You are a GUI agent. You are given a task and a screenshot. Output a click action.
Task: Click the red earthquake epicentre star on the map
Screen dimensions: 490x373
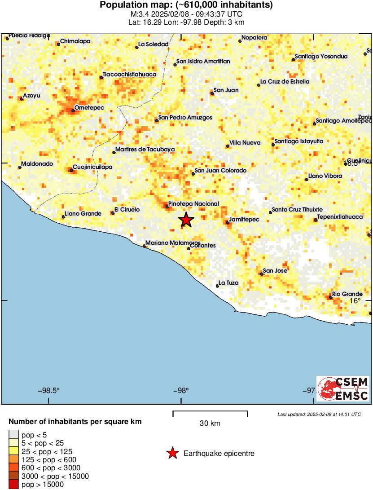(x=186, y=220)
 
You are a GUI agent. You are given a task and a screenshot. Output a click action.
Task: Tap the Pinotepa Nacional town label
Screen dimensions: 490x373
(x=193, y=203)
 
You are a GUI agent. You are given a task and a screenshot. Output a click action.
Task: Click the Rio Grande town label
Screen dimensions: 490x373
(x=347, y=294)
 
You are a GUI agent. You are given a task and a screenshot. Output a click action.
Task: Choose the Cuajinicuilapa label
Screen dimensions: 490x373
(x=92, y=167)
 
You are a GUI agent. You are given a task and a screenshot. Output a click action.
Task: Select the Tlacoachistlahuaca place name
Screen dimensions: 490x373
(x=129, y=74)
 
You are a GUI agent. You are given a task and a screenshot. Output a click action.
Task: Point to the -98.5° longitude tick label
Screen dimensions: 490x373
(x=48, y=390)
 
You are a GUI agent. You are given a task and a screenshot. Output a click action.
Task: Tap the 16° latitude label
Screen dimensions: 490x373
(x=355, y=300)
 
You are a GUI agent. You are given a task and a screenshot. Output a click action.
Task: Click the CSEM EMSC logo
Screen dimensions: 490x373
(x=343, y=388)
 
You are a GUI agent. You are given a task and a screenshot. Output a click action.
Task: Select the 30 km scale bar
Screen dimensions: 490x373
(x=210, y=412)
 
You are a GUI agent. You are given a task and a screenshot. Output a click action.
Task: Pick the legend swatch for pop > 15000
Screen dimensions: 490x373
(x=13, y=484)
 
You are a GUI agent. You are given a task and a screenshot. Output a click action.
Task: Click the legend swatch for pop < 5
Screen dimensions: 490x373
(x=13, y=434)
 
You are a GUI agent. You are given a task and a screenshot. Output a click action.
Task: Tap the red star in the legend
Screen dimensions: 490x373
(x=172, y=454)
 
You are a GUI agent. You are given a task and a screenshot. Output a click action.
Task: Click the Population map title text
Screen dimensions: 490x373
(x=186, y=5)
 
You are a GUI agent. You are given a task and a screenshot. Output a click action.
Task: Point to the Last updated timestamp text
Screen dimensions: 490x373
(x=319, y=414)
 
